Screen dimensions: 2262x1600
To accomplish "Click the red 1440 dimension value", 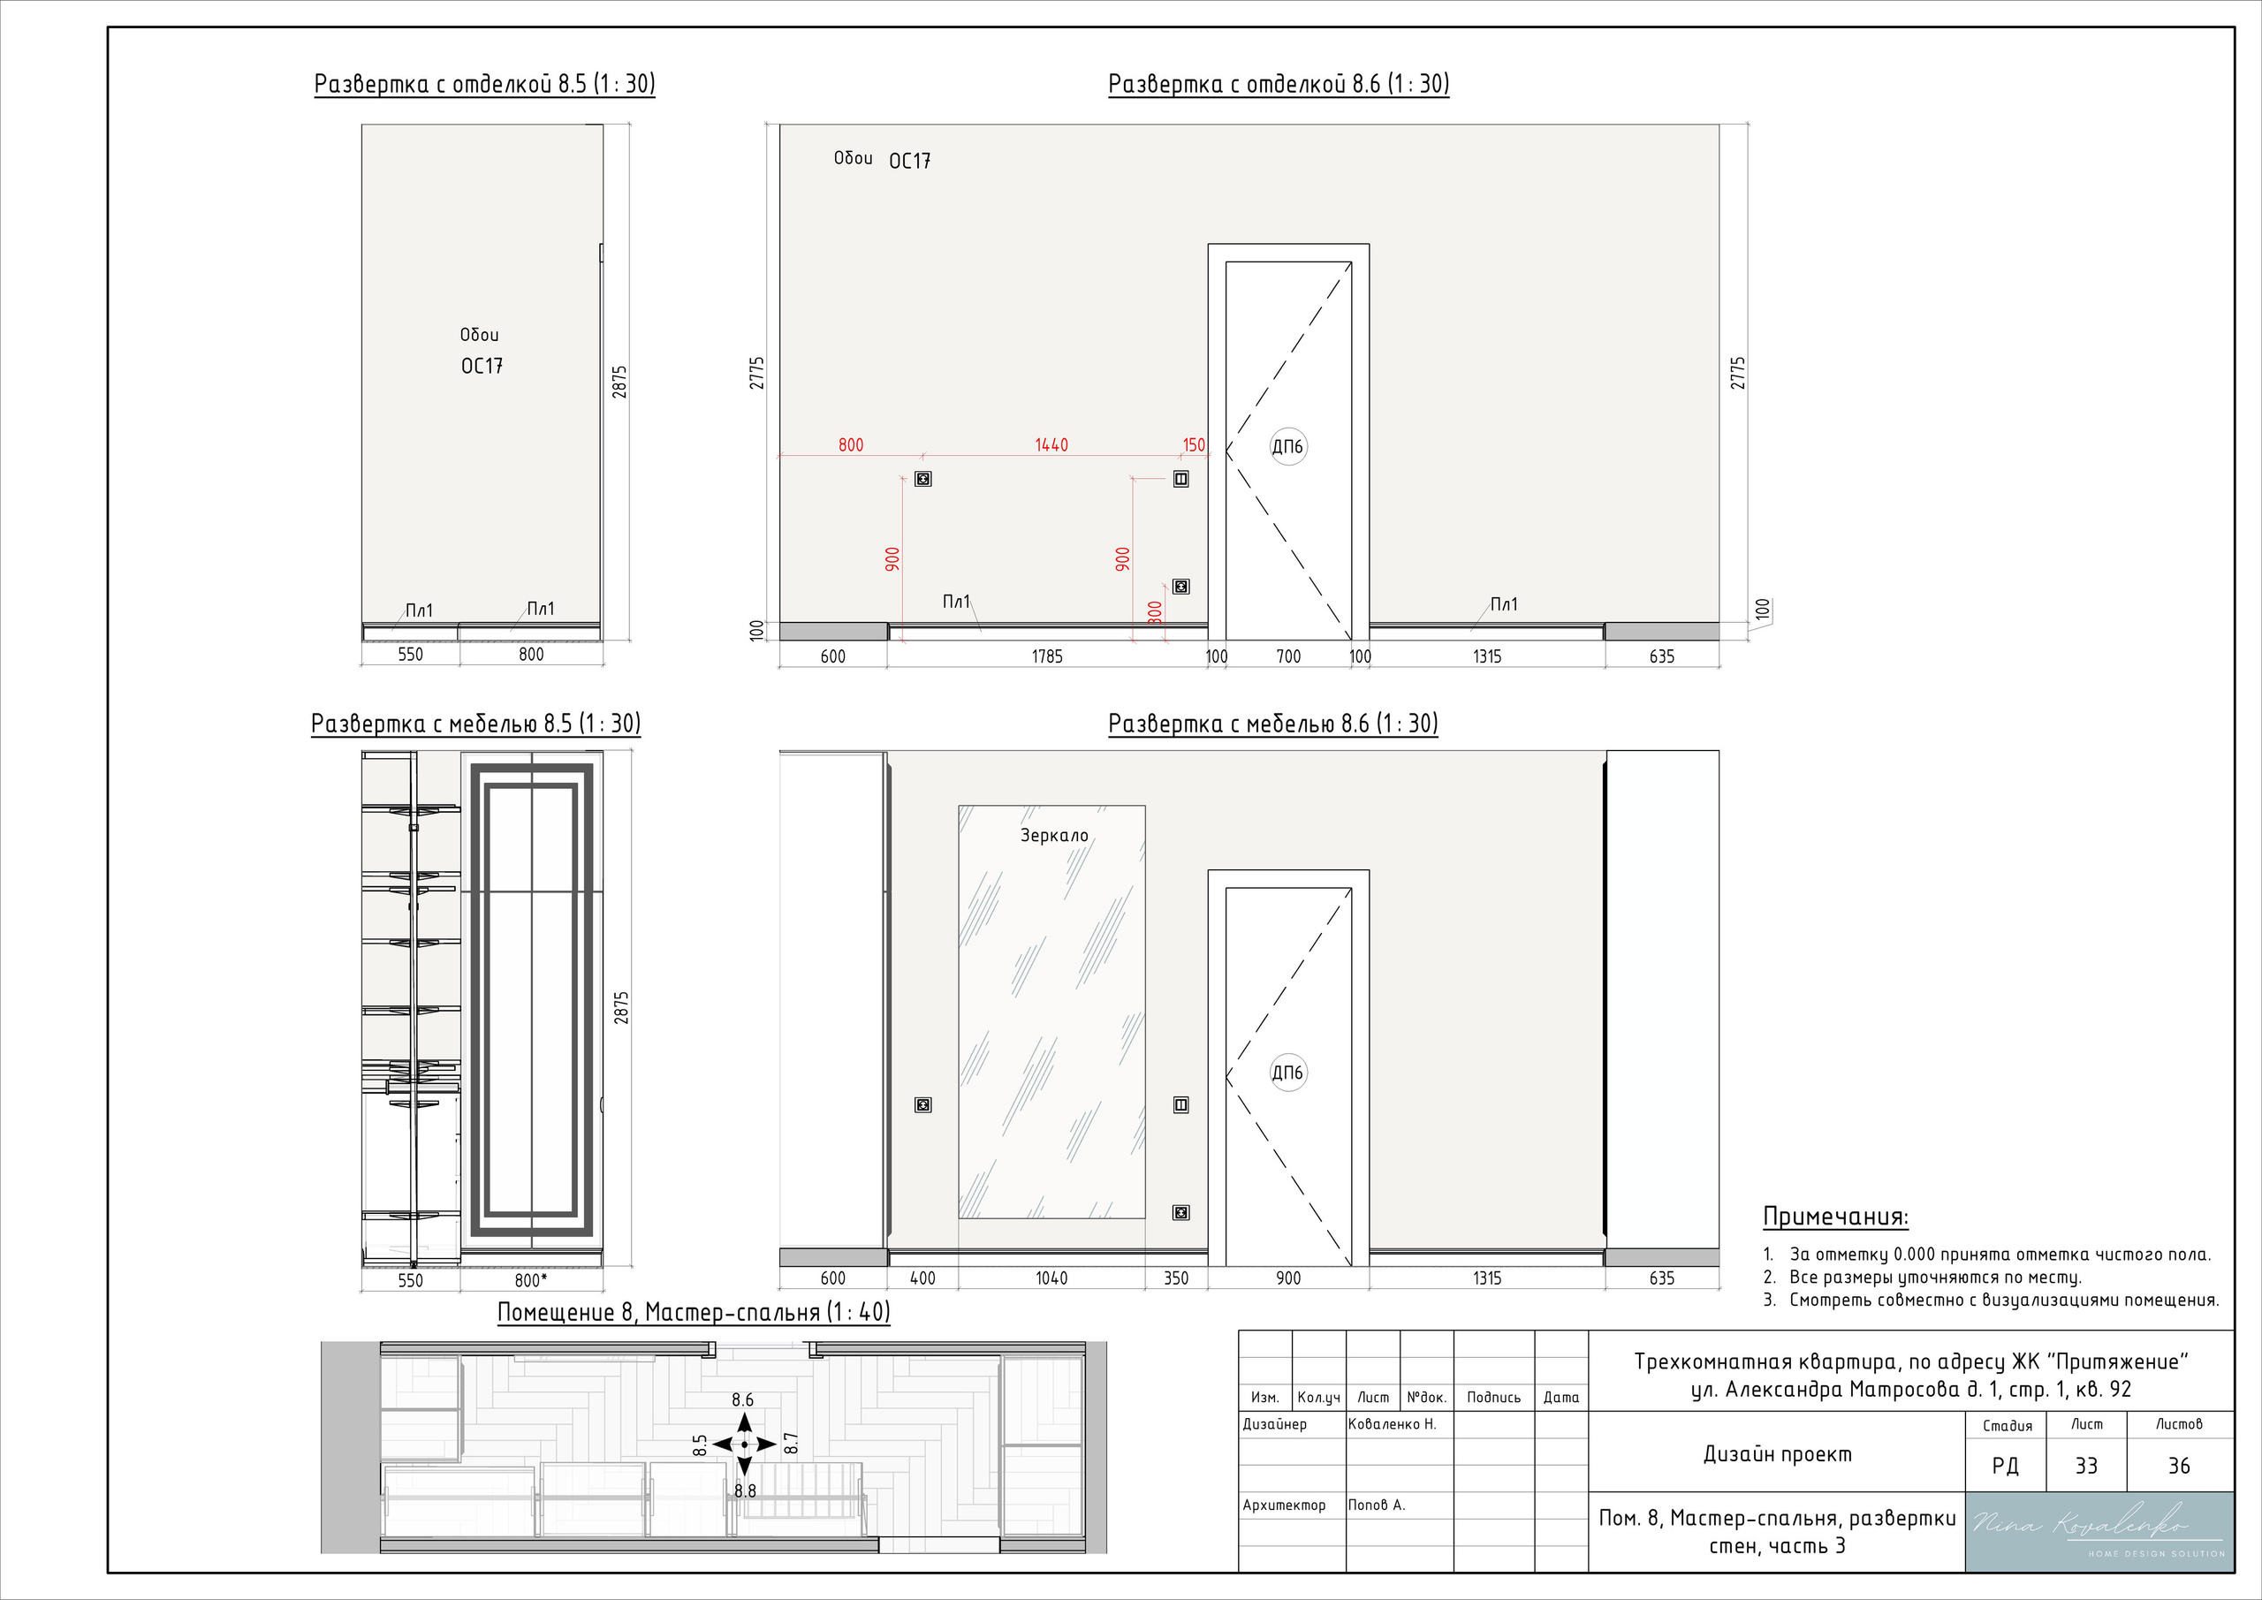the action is (1051, 445).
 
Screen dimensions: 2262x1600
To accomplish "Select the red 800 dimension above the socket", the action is (851, 445).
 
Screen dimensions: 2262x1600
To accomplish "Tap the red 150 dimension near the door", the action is (1194, 445).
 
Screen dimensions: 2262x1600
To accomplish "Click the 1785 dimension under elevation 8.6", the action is (1047, 656).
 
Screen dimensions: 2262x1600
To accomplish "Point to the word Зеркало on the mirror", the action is (1054, 836).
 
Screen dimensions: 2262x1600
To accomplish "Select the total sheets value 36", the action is (2179, 1466).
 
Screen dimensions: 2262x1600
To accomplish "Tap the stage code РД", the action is (2006, 1466).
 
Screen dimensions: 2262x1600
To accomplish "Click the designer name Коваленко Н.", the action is (1392, 1423).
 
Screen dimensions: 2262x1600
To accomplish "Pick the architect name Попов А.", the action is (1377, 1505).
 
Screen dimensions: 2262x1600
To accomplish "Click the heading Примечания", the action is (1835, 1217).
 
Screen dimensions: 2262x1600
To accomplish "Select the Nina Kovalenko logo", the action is (2099, 1531).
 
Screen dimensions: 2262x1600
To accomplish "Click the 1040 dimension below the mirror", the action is (1051, 1278).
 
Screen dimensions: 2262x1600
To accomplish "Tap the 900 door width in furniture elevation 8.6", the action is (1288, 1278).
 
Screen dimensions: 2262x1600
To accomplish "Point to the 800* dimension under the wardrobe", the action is (531, 1280).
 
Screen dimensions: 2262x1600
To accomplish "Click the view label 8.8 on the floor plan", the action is (745, 1490).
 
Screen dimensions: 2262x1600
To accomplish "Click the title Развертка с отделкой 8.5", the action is (485, 84).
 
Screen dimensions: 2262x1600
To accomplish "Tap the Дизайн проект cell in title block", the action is (1777, 1454).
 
